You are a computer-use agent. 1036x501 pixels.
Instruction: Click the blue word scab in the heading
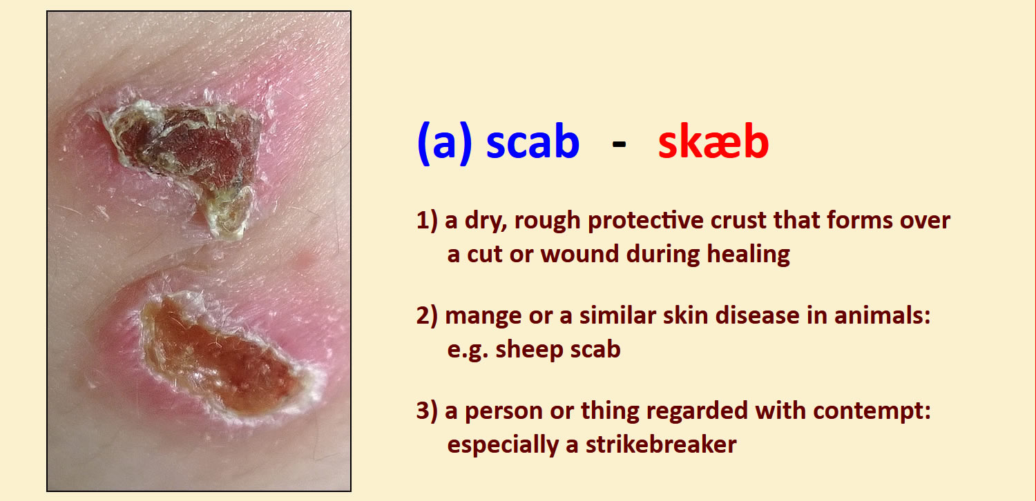(x=533, y=141)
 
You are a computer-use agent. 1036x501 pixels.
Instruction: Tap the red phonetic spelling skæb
(x=713, y=141)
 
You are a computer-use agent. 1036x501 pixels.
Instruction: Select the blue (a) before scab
(x=445, y=143)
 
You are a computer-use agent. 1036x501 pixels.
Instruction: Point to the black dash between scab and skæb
(x=619, y=145)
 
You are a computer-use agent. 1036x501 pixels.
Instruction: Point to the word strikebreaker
(x=661, y=444)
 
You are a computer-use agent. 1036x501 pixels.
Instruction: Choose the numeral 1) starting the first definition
(x=426, y=221)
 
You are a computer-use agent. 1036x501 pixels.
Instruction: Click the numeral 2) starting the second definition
(x=426, y=317)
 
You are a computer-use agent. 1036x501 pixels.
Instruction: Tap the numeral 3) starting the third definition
(x=426, y=411)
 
